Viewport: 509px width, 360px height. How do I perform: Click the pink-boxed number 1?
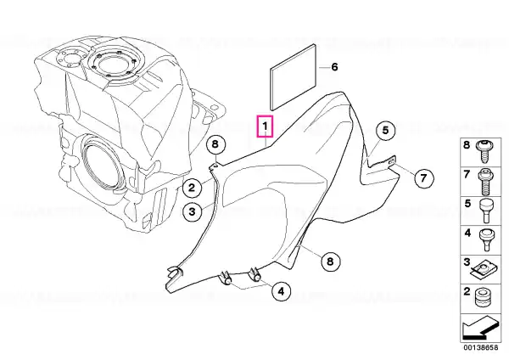coord(266,126)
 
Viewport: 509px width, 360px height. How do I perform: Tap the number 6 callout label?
coord(334,67)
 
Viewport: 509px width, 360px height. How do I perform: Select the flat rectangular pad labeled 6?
coord(294,77)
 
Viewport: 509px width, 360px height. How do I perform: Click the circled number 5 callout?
coord(385,131)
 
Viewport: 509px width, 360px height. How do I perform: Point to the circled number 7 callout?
coord(423,178)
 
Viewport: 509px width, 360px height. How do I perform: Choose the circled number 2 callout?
coord(192,188)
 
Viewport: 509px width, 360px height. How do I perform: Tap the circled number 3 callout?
coord(192,212)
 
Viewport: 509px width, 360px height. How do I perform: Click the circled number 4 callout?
coord(281,291)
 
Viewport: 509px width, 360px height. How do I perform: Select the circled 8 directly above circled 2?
coord(215,144)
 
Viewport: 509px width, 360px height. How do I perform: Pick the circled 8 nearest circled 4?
coord(330,262)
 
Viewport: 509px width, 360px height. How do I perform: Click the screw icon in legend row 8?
coord(485,151)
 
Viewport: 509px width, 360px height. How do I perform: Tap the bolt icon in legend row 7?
coord(485,182)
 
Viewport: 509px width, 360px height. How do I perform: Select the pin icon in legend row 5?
coord(486,211)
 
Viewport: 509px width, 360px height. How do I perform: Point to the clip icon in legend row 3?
coord(484,270)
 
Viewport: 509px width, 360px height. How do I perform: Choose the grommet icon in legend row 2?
coord(484,298)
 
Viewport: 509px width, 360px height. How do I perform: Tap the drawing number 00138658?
coord(480,347)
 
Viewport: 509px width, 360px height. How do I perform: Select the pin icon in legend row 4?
coord(486,239)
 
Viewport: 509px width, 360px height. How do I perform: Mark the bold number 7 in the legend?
coord(467,174)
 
